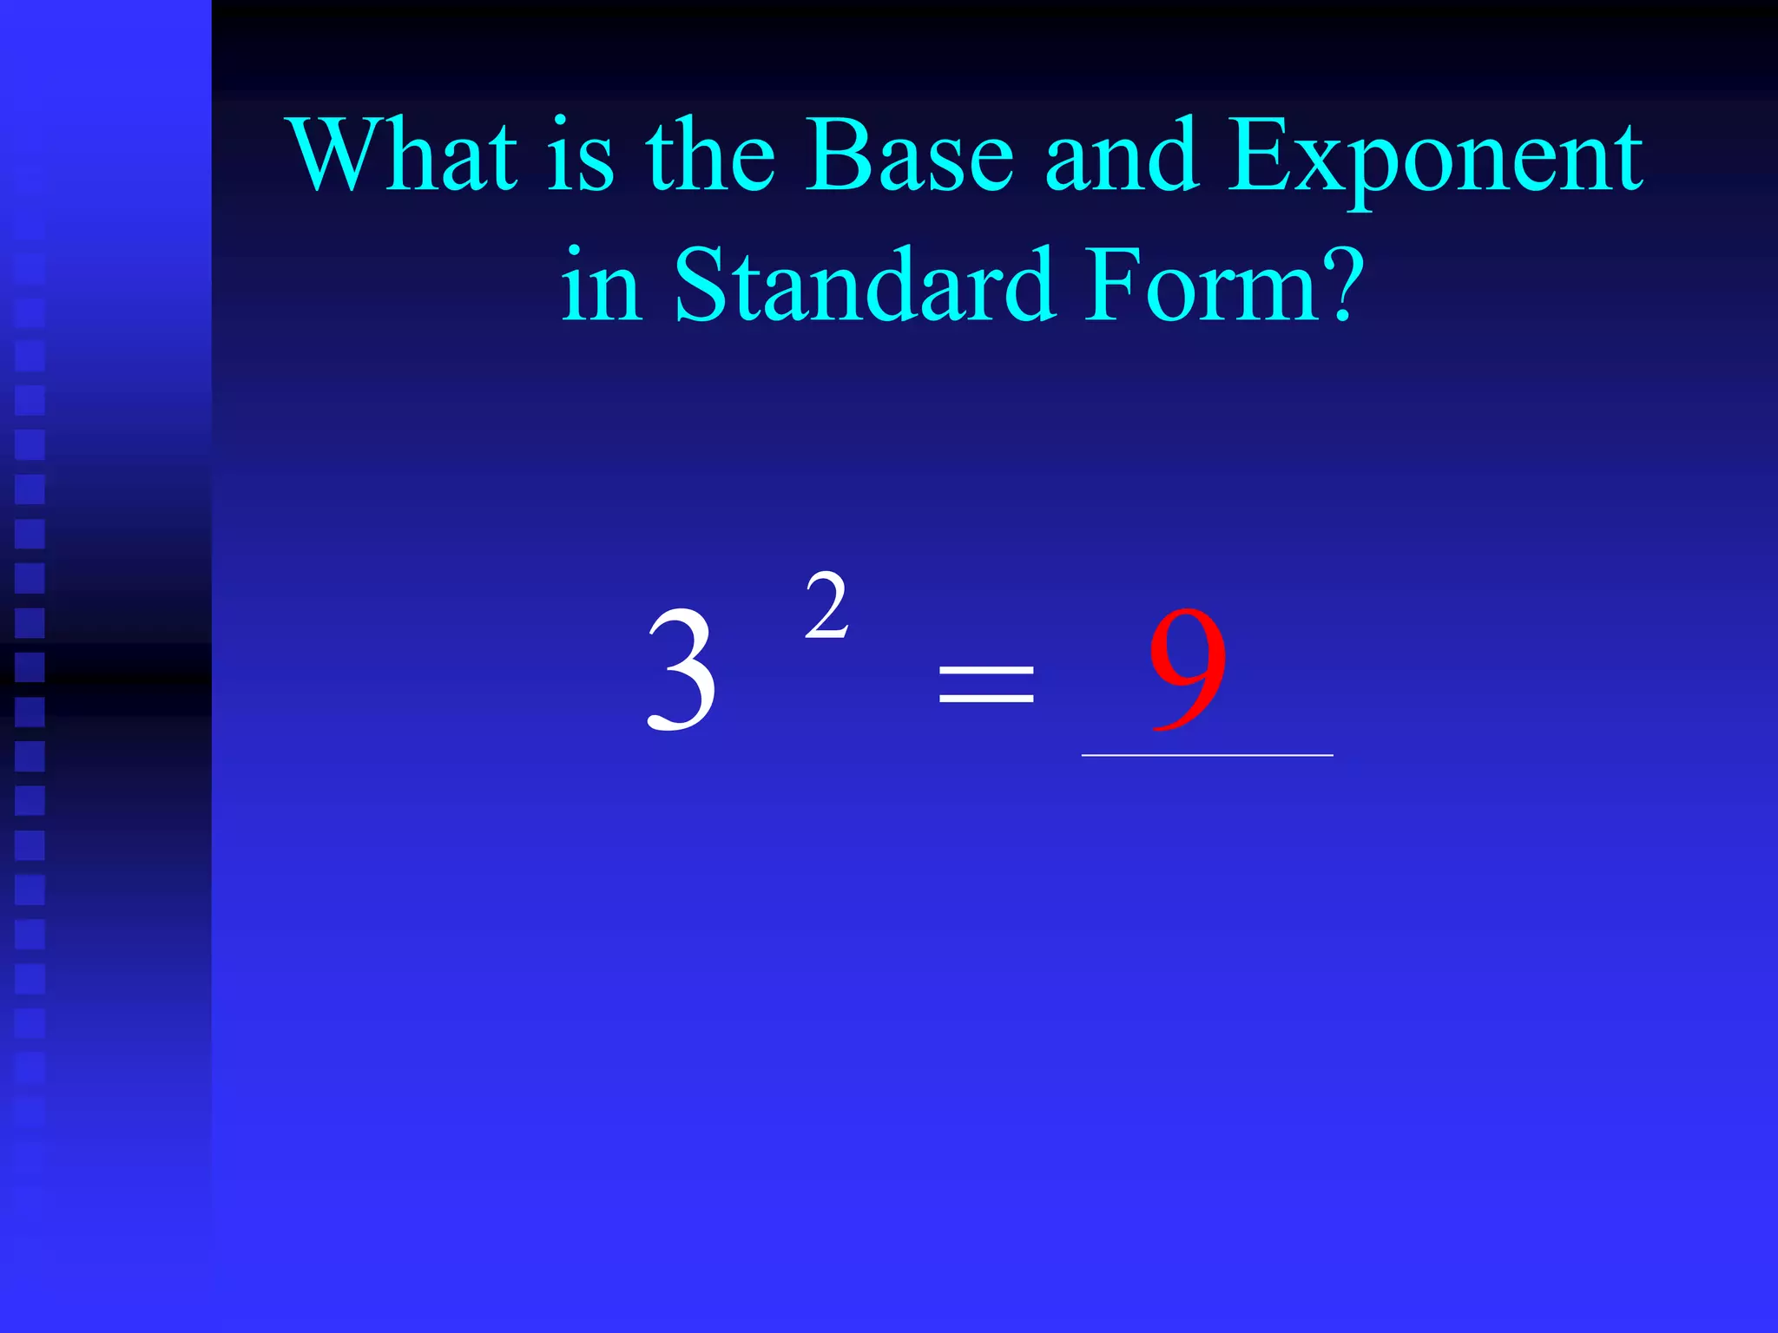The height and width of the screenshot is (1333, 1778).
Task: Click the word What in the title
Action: (405, 156)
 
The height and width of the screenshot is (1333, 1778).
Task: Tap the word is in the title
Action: (581, 156)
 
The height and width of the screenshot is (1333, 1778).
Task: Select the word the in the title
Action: (710, 156)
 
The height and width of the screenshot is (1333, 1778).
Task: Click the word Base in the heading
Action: (909, 156)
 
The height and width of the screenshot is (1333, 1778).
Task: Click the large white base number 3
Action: (682, 669)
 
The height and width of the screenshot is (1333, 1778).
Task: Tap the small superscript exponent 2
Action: (826, 607)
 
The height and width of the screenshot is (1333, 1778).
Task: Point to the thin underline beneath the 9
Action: (1207, 756)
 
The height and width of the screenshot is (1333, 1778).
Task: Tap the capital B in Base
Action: (834, 156)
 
